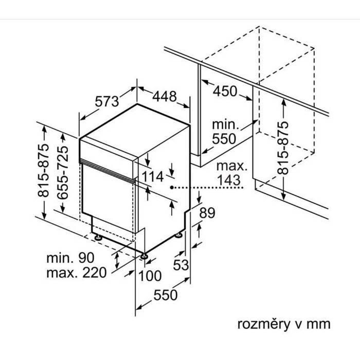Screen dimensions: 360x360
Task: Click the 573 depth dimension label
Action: pyautogui.click(x=107, y=101)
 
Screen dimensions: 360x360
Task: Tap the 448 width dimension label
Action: pyautogui.click(x=165, y=96)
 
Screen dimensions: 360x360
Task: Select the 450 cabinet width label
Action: pyautogui.click(x=225, y=92)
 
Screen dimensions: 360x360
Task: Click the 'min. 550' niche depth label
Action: pyautogui.click(x=225, y=131)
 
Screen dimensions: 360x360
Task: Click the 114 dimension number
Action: pyautogui.click(x=153, y=177)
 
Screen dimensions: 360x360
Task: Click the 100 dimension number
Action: pyautogui.click(x=150, y=276)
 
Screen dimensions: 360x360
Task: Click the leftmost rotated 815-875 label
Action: pyautogui.click(x=44, y=171)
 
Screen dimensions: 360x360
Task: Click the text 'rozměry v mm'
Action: pyautogui.click(x=282, y=324)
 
